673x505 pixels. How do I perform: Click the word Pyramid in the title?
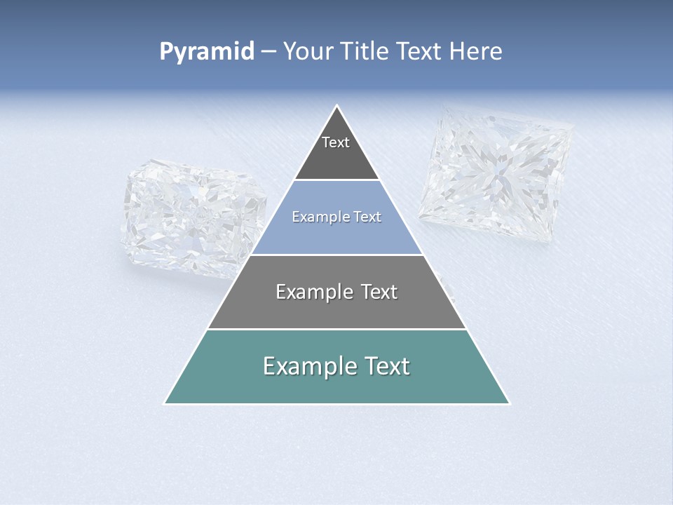pos(207,52)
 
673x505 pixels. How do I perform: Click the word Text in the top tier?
pos(336,142)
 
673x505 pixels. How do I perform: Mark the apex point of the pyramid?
pos(337,106)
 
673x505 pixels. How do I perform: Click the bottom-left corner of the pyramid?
pos(165,403)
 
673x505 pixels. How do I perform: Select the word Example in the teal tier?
pos(306,366)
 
